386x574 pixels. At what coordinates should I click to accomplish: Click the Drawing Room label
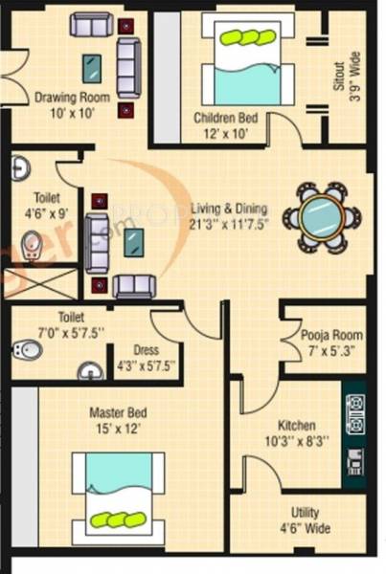pyautogui.click(x=72, y=98)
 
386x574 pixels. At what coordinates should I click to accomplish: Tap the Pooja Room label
pyautogui.click(x=330, y=335)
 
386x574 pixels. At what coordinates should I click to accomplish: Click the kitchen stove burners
pyautogui.click(x=355, y=413)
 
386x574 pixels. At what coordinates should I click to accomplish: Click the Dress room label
pyautogui.click(x=146, y=350)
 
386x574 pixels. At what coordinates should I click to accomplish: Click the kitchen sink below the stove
pyautogui.click(x=355, y=462)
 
